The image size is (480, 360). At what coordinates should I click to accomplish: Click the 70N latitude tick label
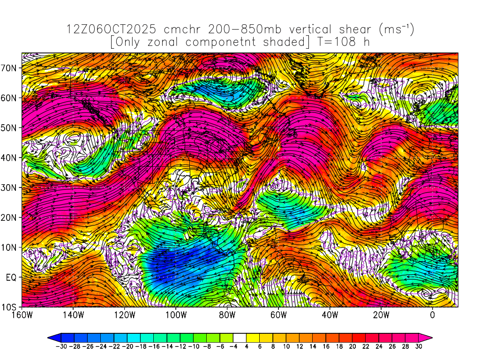click(11, 67)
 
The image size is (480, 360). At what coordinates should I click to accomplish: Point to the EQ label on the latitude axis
click(11, 277)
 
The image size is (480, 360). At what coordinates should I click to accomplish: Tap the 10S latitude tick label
click(11, 307)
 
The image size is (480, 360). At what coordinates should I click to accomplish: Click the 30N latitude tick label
click(11, 187)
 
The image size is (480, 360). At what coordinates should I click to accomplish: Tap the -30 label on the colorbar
click(60, 346)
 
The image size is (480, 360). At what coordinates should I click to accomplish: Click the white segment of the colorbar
click(240, 337)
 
